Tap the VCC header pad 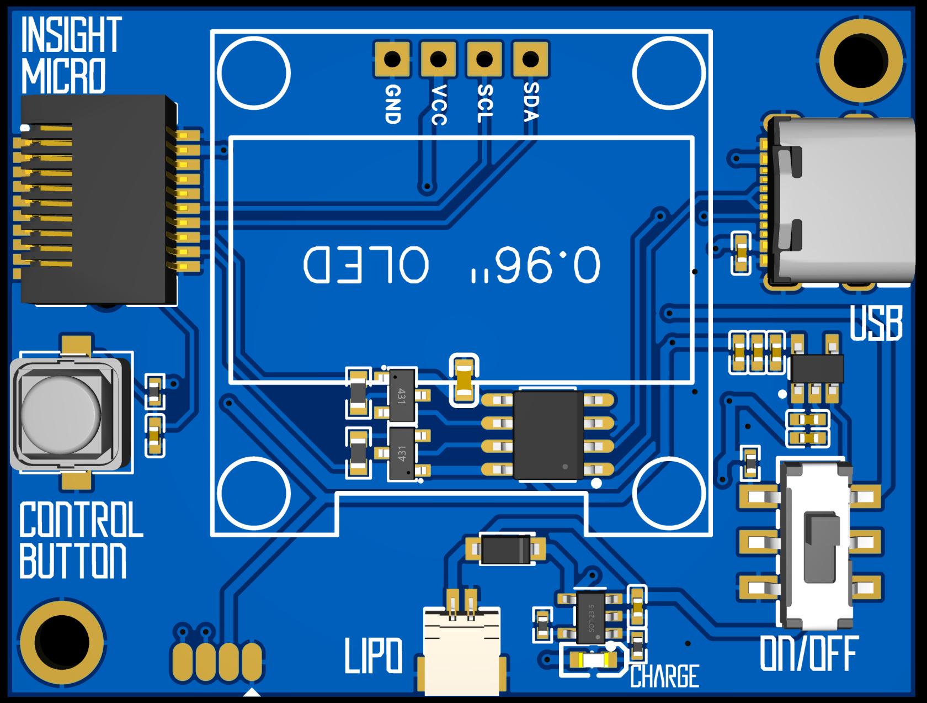(x=439, y=59)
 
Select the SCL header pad (x=484, y=59)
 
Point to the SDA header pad (x=530, y=59)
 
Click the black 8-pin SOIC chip (x=548, y=435)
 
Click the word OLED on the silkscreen (x=366, y=266)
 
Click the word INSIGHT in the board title (x=71, y=35)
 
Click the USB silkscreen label (x=876, y=324)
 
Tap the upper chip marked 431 (x=402, y=395)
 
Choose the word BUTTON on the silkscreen (x=73, y=561)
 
